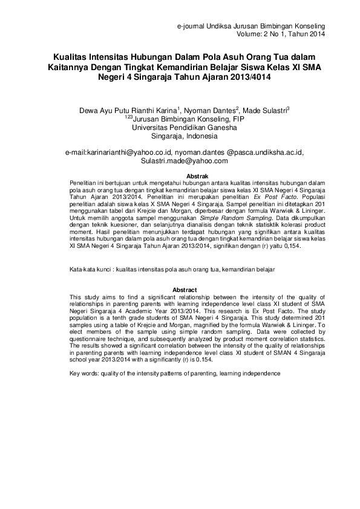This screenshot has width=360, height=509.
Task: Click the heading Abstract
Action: pos(180,290)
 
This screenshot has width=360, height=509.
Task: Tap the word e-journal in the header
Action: pos(191,27)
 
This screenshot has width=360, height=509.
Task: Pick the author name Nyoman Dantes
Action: pos(210,111)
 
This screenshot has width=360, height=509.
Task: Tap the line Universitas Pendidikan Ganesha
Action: pos(180,128)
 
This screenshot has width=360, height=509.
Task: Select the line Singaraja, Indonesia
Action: pos(180,136)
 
